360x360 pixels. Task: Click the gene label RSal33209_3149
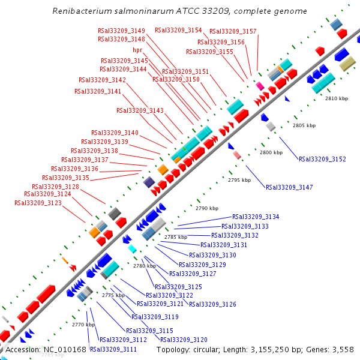(121, 31)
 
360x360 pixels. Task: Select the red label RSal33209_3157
(233, 31)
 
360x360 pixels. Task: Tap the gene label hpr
(137, 50)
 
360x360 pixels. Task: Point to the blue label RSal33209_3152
(322, 159)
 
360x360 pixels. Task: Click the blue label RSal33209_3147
(289, 187)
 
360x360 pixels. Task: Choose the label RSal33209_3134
(256, 217)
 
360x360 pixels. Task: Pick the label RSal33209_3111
(113, 349)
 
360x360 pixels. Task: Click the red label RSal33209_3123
(38, 203)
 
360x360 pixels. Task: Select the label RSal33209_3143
(140, 110)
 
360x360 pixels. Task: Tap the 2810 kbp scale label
(337, 98)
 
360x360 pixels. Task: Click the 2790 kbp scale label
(207, 208)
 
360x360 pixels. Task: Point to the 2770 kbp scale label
(83, 325)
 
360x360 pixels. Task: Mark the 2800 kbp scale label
(271, 153)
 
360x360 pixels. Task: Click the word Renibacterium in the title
(82, 11)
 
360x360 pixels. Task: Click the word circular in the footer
(208, 349)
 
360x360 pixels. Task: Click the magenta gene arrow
(260, 86)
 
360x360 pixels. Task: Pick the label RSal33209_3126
(212, 304)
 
